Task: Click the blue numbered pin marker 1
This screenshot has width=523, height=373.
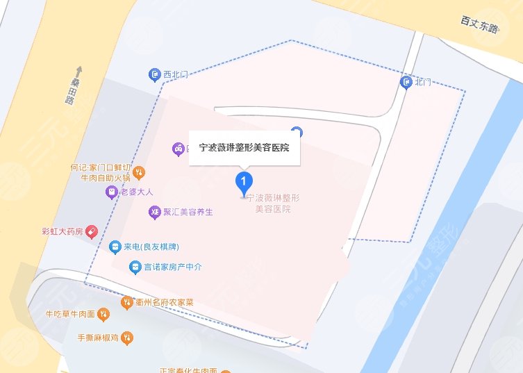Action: click(243, 183)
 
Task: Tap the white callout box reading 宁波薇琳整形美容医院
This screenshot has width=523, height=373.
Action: click(244, 147)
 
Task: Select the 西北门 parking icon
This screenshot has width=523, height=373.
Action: click(156, 74)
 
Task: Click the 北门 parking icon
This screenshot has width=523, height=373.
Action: click(407, 83)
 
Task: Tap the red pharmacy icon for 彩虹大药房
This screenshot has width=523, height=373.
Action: click(91, 232)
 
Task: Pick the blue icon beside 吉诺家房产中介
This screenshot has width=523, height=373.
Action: click(135, 267)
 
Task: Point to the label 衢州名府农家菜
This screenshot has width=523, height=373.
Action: click(169, 302)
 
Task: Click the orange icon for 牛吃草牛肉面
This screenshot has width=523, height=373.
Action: click(103, 315)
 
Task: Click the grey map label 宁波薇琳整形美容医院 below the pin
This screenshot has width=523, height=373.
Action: click(272, 203)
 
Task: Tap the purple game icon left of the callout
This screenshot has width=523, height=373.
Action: click(178, 148)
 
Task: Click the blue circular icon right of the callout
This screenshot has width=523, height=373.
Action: click(297, 131)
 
